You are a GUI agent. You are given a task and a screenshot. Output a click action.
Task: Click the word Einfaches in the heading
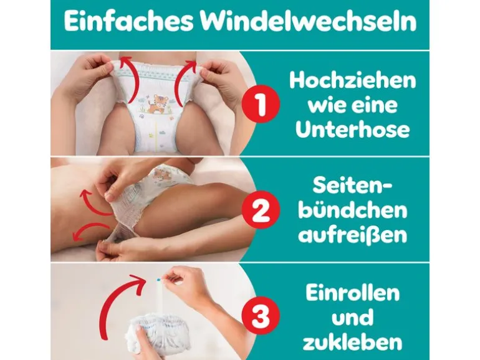[x=129, y=21]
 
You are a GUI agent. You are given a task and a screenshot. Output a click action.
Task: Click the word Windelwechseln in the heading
[x=309, y=21]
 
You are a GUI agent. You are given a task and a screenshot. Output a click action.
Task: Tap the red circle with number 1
[x=261, y=103]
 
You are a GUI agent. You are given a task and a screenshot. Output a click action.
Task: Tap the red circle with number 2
[x=261, y=209]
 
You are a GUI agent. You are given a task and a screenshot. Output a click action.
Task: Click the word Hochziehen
[x=353, y=80]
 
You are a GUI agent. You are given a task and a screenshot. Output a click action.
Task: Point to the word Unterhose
[x=353, y=130]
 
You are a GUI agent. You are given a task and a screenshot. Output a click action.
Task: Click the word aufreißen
[x=353, y=235]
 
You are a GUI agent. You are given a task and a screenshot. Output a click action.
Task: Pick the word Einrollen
[x=353, y=292]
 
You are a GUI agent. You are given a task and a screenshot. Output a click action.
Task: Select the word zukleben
[x=353, y=342]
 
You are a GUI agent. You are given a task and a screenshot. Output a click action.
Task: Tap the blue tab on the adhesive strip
[x=158, y=279]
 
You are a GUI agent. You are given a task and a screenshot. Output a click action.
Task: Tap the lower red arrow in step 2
[x=89, y=229]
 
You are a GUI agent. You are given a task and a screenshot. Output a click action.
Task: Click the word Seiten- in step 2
[x=353, y=186]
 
